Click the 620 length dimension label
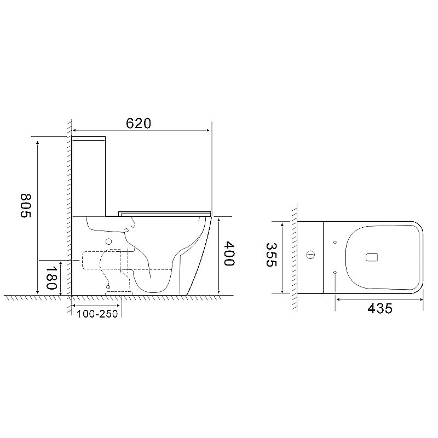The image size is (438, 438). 138,124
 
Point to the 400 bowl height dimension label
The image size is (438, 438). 229,255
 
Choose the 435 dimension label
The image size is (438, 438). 380,308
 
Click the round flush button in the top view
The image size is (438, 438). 310,255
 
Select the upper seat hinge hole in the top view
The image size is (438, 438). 334,241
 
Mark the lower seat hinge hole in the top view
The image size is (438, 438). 334,272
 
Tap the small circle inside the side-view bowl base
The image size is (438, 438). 108,287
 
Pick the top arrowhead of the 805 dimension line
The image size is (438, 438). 37,142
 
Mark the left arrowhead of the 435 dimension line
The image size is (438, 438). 337,299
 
